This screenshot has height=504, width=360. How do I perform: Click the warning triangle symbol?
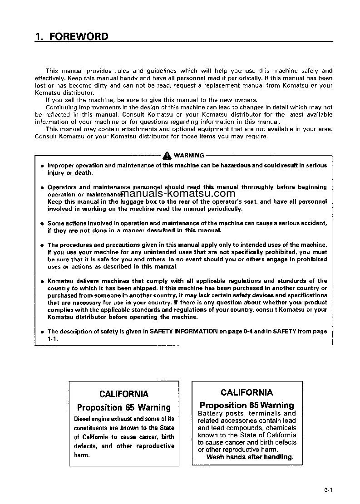(x=168, y=156)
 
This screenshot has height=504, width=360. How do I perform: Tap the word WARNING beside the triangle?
(x=189, y=156)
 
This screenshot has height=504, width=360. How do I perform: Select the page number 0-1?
(x=329, y=489)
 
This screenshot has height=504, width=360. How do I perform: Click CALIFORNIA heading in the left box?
(x=123, y=394)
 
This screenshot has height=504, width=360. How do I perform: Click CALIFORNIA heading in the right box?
(x=247, y=392)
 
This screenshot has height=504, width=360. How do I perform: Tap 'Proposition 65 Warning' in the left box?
(x=123, y=407)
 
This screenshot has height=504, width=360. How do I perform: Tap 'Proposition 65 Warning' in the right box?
(x=247, y=405)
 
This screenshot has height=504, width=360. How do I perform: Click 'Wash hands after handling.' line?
(x=250, y=457)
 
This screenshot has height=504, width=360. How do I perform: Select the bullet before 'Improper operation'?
(x=42, y=166)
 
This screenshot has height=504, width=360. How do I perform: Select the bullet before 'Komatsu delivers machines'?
(x=42, y=281)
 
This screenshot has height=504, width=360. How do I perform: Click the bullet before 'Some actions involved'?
(x=42, y=224)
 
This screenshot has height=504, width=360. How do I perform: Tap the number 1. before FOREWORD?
(x=39, y=37)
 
